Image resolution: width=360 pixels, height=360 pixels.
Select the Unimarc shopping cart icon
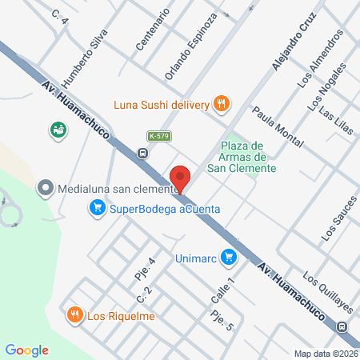[230, 257]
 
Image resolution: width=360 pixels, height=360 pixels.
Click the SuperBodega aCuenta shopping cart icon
[97, 209]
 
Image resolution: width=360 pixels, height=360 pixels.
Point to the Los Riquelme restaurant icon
[74, 314]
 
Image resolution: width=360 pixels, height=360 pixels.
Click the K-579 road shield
[157, 137]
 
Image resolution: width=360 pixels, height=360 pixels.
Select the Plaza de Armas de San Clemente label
[247, 157]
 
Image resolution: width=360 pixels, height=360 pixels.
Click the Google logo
[27, 350]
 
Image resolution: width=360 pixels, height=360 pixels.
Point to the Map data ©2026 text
[326, 353]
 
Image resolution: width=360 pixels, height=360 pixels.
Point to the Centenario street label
[153, 30]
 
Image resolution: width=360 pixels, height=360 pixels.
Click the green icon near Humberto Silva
[57, 129]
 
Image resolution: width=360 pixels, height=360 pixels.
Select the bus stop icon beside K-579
[142, 153]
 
